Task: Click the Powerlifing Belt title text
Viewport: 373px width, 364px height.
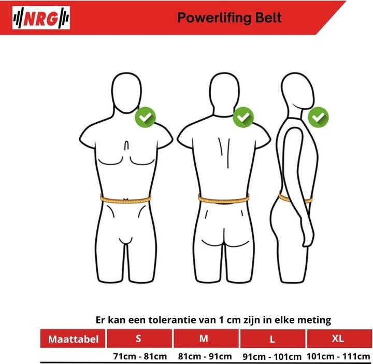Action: coord(229,18)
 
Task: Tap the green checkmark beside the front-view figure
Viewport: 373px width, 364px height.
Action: coord(146,117)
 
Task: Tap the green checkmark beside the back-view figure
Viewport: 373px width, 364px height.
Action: coord(243,117)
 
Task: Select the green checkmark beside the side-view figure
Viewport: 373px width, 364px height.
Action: coord(318,117)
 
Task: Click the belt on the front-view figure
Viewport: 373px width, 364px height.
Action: coord(125,199)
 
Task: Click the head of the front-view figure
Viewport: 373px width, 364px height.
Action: coord(125,93)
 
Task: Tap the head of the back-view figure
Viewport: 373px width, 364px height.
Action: coord(223,92)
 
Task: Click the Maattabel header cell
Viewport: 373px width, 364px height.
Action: coord(73,340)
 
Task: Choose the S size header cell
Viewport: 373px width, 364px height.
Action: coord(138,339)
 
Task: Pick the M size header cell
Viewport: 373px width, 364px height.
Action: coord(204,339)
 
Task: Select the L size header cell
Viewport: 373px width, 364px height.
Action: coord(271,339)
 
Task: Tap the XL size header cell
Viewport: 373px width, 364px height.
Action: coord(338,339)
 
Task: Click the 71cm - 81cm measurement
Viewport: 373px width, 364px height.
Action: coord(140,356)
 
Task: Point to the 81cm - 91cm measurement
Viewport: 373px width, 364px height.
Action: coord(205,356)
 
